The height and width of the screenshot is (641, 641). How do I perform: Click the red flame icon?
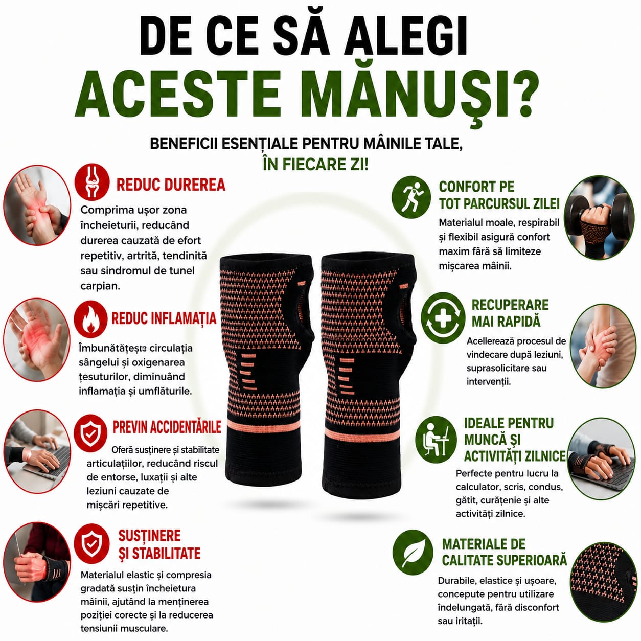point(90,318)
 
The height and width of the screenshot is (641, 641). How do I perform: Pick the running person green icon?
point(409,197)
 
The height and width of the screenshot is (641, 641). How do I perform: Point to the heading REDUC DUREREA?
point(171,185)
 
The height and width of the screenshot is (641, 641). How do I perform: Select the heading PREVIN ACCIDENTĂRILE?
point(167,427)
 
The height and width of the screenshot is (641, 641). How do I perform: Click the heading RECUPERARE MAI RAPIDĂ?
point(510,313)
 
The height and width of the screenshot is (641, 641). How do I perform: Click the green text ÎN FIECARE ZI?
point(316,164)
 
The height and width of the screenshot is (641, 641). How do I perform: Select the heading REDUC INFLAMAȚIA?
point(164,318)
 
